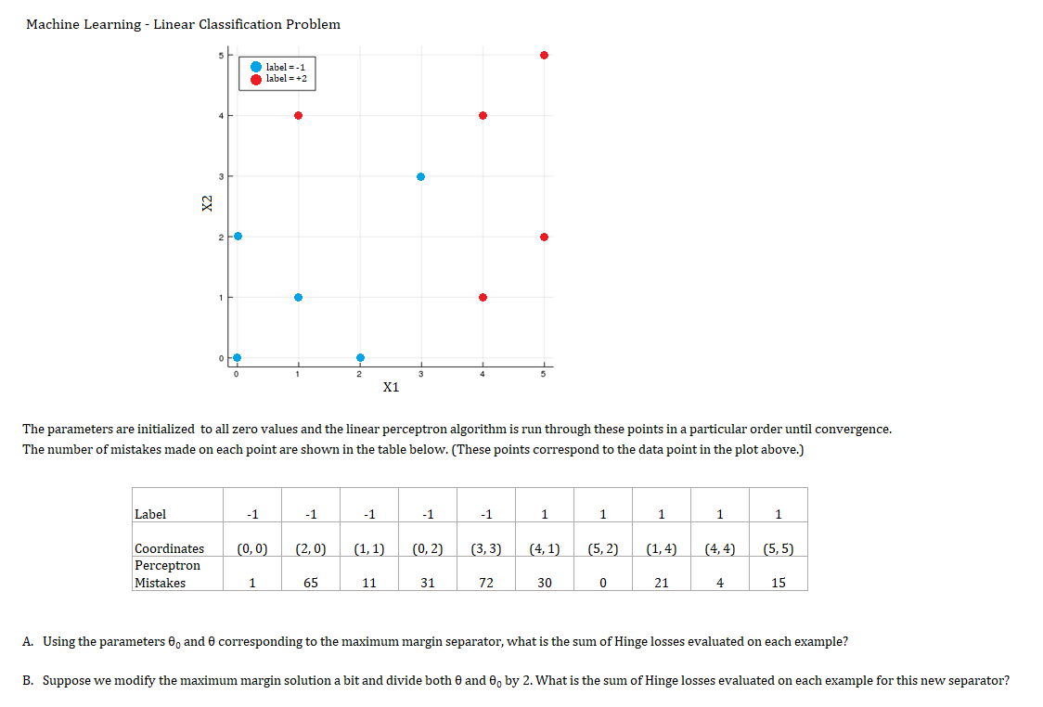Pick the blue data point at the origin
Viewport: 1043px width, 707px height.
point(237,357)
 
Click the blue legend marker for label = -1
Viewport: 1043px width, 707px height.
point(255,67)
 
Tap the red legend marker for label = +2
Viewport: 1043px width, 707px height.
point(255,79)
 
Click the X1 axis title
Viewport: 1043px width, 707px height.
point(391,387)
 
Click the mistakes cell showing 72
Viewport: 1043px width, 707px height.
point(485,583)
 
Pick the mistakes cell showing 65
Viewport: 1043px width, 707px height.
point(311,583)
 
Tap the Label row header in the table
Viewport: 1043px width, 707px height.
point(150,514)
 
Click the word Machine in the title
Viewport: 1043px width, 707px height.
point(56,24)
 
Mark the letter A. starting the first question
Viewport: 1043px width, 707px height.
point(29,641)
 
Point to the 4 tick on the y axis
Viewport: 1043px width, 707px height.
point(221,116)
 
